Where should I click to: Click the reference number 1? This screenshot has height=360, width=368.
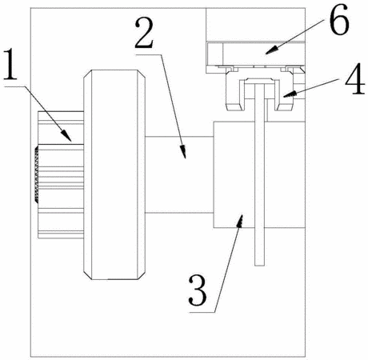[10, 65]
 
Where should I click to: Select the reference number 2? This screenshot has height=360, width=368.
[144, 33]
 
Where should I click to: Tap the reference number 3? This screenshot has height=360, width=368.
[198, 291]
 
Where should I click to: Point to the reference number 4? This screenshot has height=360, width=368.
[355, 78]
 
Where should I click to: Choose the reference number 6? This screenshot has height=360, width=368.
[339, 20]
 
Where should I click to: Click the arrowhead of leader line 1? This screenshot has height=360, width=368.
[67, 136]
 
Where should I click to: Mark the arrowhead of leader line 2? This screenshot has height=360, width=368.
[183, 152]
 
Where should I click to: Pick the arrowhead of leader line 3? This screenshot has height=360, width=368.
[240, 221]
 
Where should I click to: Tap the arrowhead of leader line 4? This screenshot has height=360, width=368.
[290, 94]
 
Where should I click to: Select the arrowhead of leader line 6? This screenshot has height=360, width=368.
[271, 50]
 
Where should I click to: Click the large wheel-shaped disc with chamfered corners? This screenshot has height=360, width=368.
[114, 174]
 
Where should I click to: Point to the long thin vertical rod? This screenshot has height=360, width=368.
[259, 175]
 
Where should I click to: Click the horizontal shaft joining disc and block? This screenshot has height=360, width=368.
[179, 174]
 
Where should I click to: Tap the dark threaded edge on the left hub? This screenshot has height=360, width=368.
[36, 174]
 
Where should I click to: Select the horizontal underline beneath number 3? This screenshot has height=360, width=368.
[202, 312]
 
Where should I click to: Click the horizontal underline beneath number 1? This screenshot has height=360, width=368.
[14, 86]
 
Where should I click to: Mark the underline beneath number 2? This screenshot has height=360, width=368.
[148, 54]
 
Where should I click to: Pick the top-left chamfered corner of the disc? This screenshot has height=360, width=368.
[87, 74]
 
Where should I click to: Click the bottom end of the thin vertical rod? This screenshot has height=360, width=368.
[259, 266]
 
